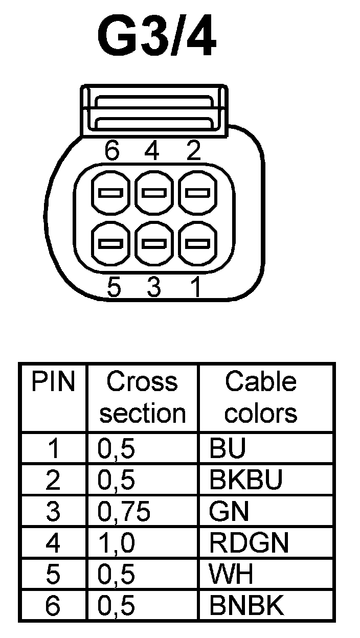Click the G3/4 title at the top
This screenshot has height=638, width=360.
[x=156, y=39]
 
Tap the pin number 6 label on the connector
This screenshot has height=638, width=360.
[x=111, y=151]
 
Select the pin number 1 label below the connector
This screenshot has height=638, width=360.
[x=195, y=288]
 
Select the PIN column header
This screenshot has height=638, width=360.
[x=53, y=382]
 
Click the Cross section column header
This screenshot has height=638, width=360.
[x=142, y=397]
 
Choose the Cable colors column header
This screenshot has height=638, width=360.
[x=261, y=397]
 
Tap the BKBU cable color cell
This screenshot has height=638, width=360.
[x=245, y=480]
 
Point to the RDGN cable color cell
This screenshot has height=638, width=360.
[x=249, y=543]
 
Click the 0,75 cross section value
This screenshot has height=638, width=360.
[x=124, y=512]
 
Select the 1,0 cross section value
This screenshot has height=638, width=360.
[x=116, y=543]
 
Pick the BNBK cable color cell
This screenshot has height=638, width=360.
[x=246, y=606]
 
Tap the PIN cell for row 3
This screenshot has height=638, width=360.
[x=53, y=512]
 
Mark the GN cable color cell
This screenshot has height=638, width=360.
[x=229, y=512]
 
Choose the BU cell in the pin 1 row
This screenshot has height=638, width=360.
[x=228, y=448]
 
